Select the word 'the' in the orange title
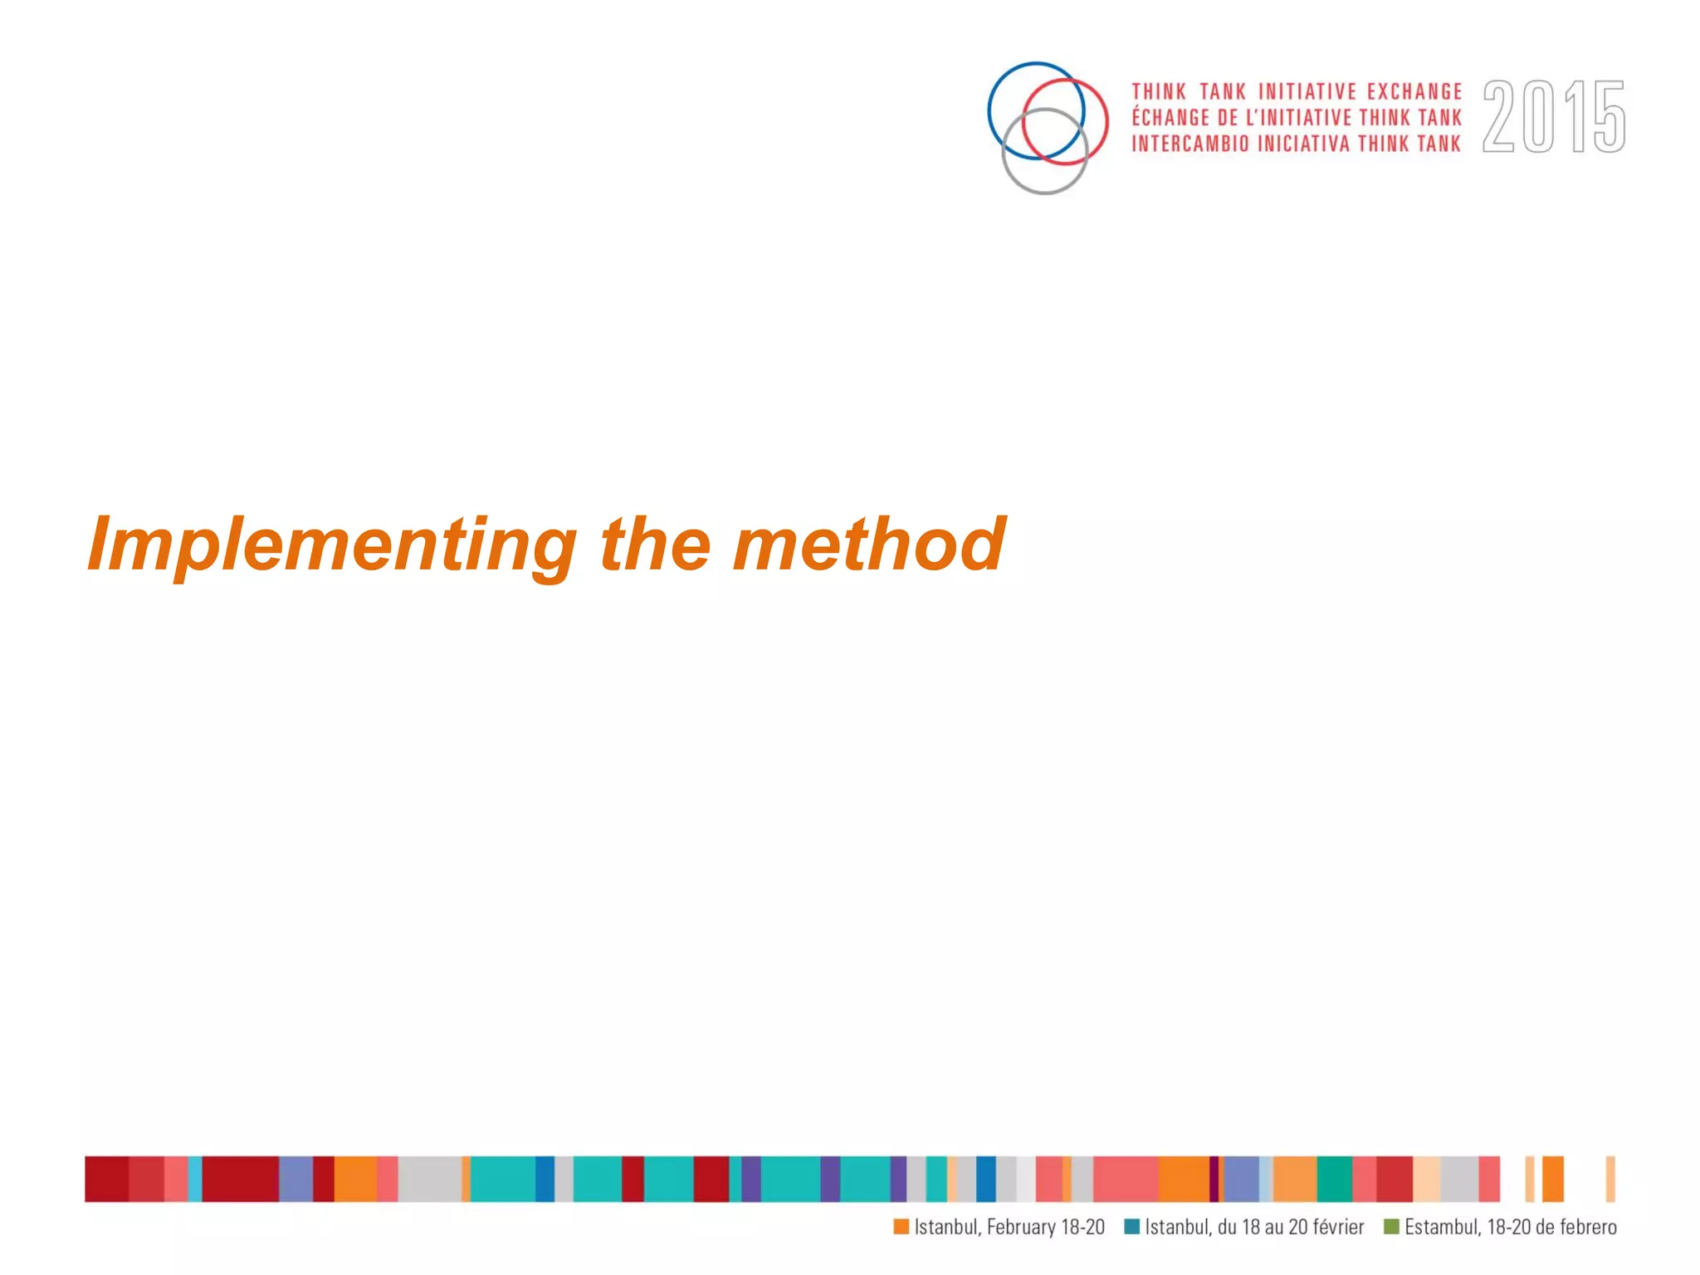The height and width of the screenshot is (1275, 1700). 655,545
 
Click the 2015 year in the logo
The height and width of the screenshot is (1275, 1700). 1553,117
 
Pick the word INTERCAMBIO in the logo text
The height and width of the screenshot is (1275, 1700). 1190,144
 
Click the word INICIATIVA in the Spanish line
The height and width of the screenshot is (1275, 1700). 1303,144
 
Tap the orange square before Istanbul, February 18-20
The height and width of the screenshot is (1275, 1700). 901,1227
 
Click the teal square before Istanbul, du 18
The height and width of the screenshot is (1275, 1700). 1131,1227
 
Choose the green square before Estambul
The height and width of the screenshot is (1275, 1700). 1391,1227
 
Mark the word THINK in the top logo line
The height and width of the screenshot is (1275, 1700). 1159,91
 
